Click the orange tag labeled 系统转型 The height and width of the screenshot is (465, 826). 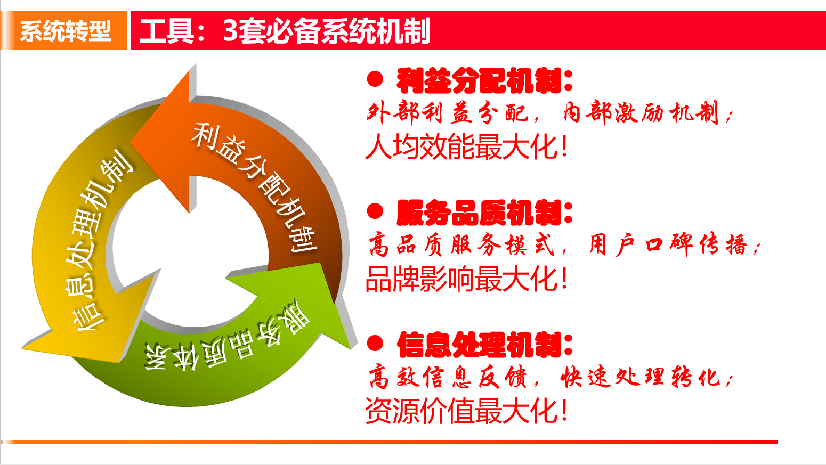(64, 30)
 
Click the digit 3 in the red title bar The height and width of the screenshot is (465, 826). (230, 30)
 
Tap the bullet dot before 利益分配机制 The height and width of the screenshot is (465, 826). (375, 79)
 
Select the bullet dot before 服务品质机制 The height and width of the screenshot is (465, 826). (375, 211)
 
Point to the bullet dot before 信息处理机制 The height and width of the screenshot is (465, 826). (375, 344)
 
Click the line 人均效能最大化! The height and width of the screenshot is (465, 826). (466, 146)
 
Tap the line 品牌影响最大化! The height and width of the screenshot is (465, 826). (466, 279)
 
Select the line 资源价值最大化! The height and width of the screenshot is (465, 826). (466, 411)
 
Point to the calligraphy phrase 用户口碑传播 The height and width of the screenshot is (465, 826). (669, 245)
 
